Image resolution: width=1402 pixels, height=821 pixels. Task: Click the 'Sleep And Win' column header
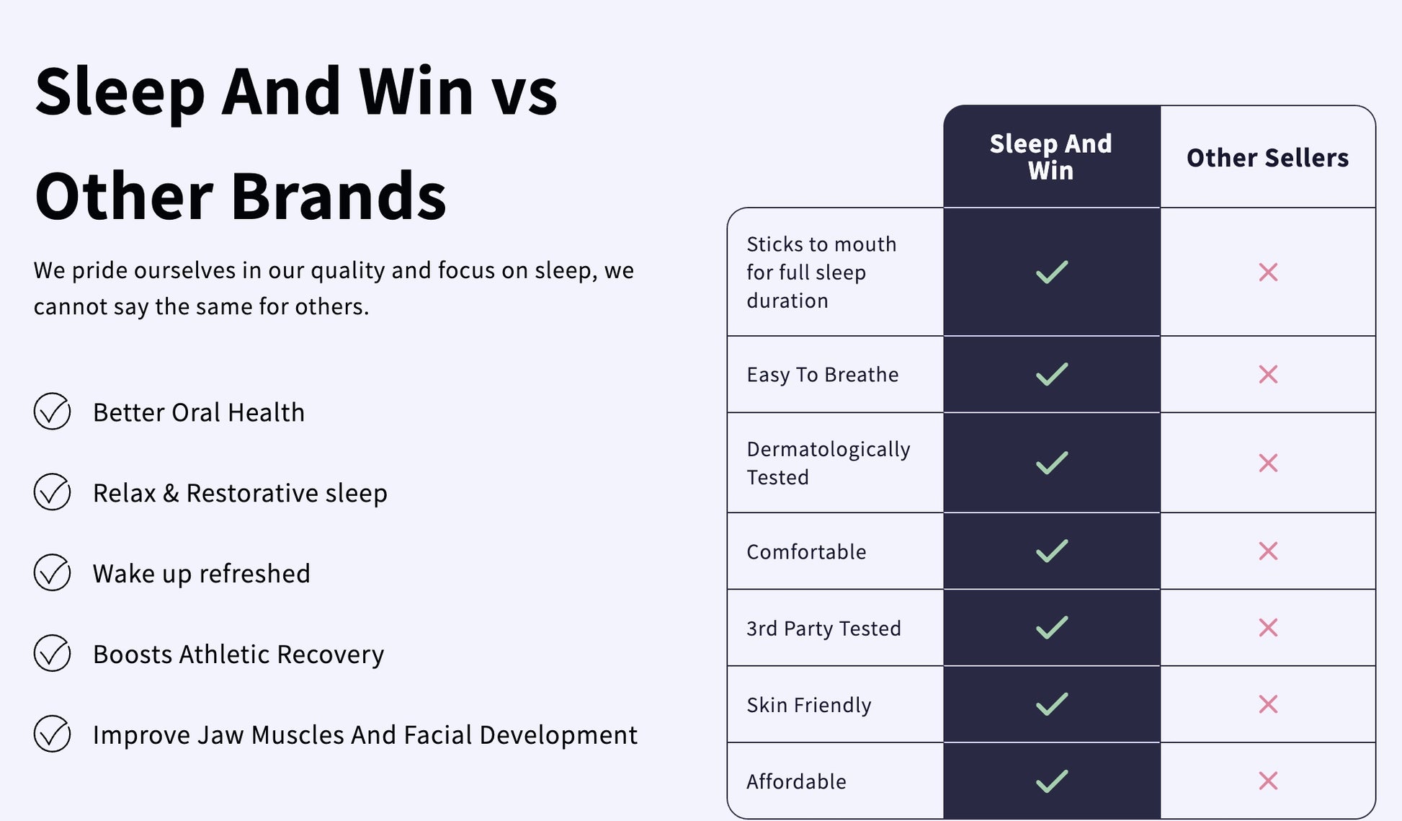[x=1050, y=157]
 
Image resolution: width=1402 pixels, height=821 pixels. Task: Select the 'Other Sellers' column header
[x=1267, y=158]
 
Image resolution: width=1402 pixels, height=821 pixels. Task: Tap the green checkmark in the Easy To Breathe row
[x=1052, y=374]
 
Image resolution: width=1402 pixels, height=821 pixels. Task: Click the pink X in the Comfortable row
[x=1268, y=551]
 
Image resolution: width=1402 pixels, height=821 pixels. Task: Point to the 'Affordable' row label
[x=796, y=781]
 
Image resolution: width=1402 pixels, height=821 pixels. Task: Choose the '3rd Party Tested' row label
[x=823, y=629]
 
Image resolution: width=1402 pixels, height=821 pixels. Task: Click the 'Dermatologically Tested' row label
[x=829, y=463]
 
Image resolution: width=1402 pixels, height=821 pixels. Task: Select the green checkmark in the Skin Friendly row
[x=1052, y=704]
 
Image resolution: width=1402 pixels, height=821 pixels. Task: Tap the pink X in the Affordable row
[x=1268, y=781]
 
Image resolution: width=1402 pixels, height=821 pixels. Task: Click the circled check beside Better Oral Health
[x=52, y=412]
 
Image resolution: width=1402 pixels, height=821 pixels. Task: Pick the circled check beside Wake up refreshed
[x=52, y=573]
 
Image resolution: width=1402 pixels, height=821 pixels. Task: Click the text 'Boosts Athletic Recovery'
[x=238, y=654]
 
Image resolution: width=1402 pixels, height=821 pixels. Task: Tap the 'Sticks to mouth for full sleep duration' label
[x=821, y=272]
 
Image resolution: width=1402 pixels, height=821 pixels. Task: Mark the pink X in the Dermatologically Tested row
[x=1268, y=463]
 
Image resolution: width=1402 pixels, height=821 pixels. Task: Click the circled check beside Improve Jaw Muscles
[x=52, y=735]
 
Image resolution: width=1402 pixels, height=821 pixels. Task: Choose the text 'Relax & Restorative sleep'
[x=240, y=493]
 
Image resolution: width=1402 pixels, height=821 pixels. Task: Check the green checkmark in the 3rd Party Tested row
[x=1052, y=628]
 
